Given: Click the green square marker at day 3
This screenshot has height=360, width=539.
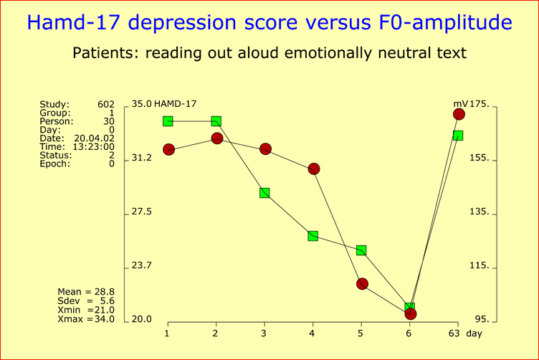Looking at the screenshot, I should coord(264,193).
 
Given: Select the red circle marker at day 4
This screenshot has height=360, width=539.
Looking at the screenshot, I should coord(313,169).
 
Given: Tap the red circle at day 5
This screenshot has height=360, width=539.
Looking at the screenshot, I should coord(362,284).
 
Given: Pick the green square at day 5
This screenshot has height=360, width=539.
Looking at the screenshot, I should coord(361,250).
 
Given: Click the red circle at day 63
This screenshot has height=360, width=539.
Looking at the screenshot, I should coord(459,114).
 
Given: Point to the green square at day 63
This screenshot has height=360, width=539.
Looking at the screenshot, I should coord(457,136).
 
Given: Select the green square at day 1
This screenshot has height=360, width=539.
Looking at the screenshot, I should coord(168,121).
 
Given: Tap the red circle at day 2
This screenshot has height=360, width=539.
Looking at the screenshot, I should coord(216,138).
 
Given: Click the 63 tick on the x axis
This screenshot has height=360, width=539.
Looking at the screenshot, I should coord(454,333).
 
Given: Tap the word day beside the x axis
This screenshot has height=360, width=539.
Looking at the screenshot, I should coord(474,333).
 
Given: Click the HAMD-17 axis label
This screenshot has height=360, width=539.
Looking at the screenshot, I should coord(176,105).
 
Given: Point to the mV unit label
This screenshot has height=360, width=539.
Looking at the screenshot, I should coord(451,105).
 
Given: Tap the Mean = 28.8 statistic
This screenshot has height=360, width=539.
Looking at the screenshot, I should coord(86,293).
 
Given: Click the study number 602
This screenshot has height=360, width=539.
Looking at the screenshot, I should coord(105,105).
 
